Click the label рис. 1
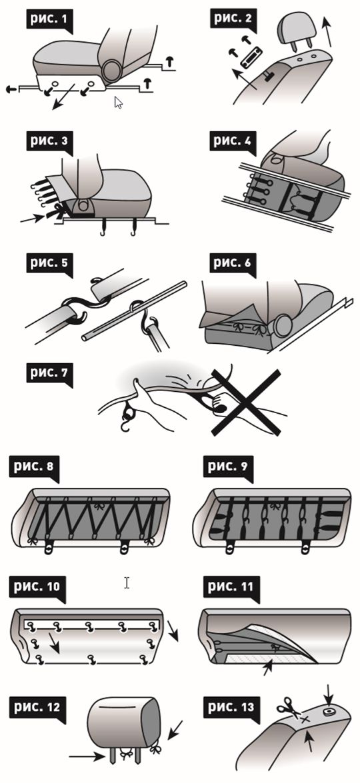tap(48, 21)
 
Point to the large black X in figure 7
tap(244, 402)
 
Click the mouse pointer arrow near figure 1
tap(119, 103)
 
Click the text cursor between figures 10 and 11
tap(127, 582)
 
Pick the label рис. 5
tap(48, 262)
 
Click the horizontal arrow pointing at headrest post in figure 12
tap(87, 756)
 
